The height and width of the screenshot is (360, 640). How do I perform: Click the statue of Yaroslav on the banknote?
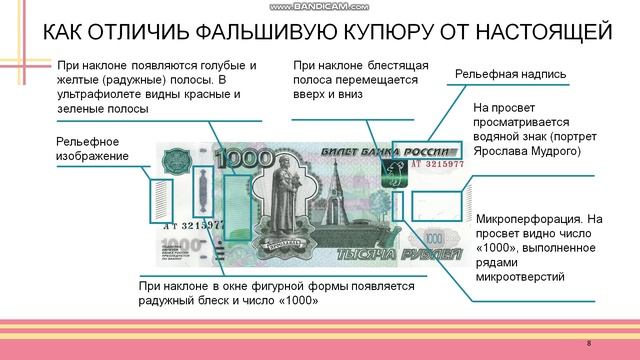283,200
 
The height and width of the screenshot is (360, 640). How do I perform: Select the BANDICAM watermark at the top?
320,5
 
